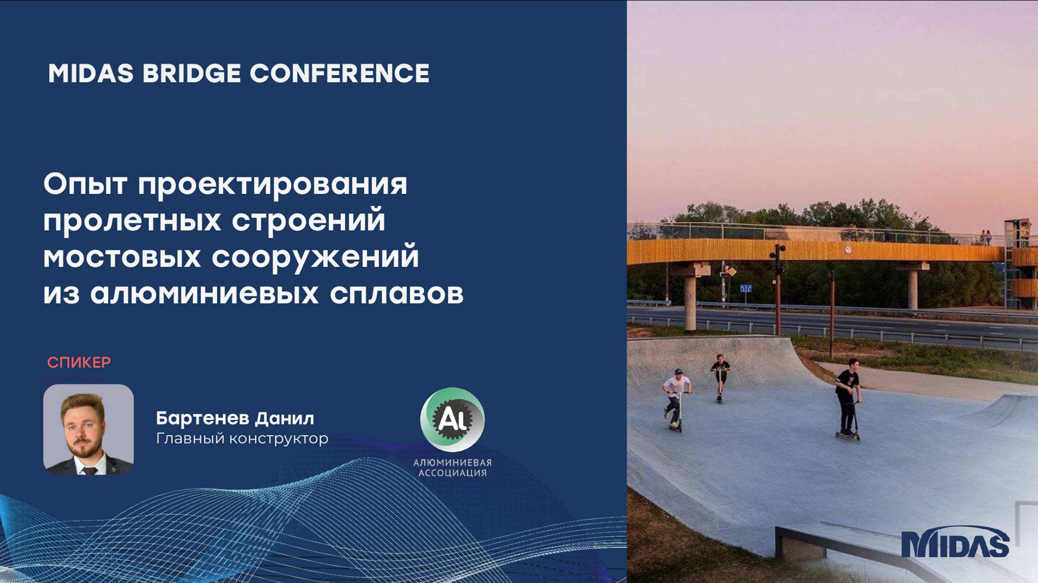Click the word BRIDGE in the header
[x=192, y=73]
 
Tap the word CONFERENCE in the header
[x=339, y=73]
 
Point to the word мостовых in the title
[x=122, y=257]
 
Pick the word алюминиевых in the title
[x=204, y=294]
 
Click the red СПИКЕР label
[x=79, y=363]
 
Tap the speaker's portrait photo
[x=88, y=429]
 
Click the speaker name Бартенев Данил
[x=235, y=418]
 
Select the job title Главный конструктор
[x=242, y=438]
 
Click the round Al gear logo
[x=452, y=419]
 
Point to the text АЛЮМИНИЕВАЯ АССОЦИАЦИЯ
[x=452, y=468]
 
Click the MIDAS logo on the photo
[x=955, y=542]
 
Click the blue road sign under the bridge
[x=746, y=288]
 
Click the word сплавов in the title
[x=397, y=294]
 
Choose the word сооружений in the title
[x=315, y=257]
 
